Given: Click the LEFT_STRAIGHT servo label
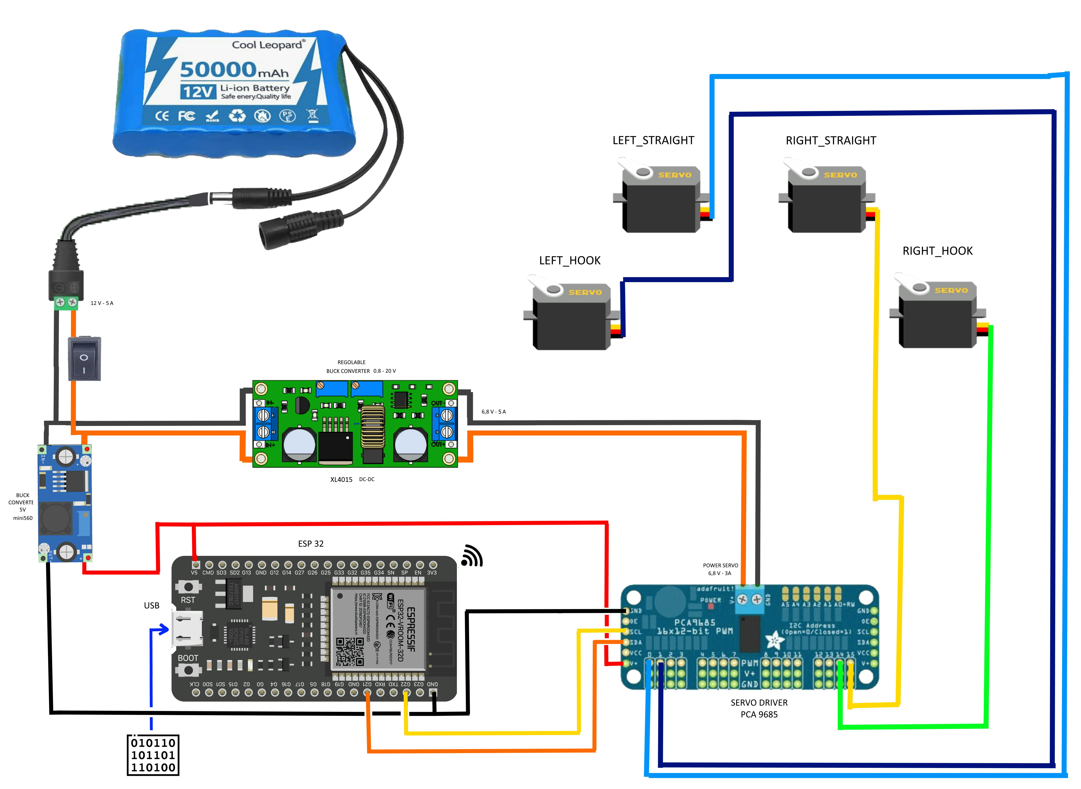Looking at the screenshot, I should point(653,140).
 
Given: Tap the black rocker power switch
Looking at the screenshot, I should point(85,359).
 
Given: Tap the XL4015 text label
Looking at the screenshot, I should point(341,479).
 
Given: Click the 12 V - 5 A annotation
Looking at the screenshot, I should point(102,303).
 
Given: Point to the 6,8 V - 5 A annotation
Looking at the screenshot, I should point(493,412).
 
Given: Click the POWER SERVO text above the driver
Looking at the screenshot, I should point(720,565).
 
